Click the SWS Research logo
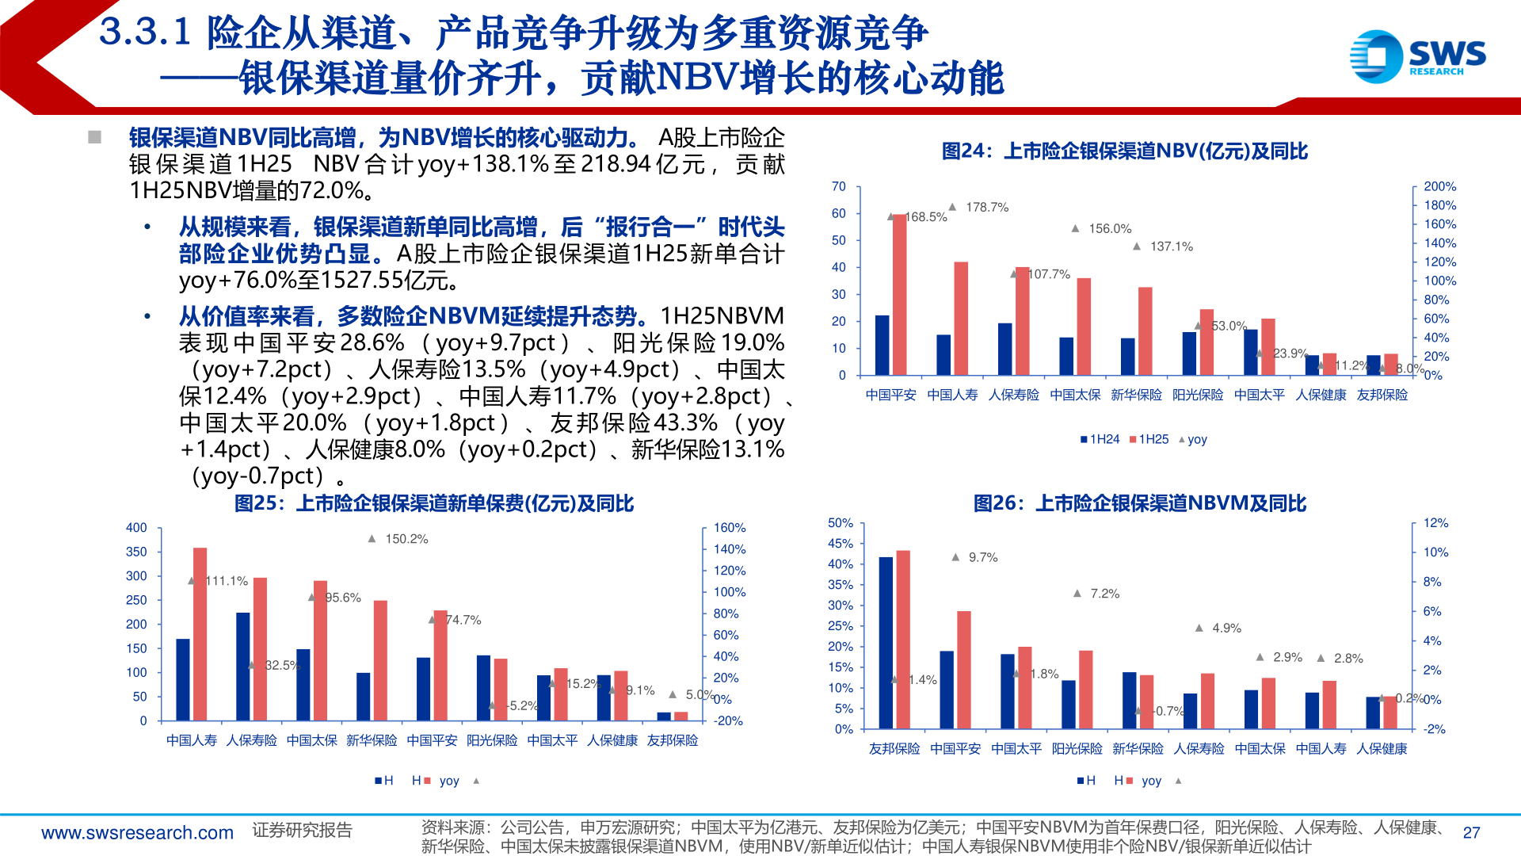(x=1417, y=56)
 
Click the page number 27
(x=1471, y=833)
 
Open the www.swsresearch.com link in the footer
(x=137, y=833)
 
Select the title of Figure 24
(x=1124, y=151)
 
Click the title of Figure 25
(x=434, y=503)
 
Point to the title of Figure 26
(x=1139, y=503)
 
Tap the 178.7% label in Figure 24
(x=986, y=208)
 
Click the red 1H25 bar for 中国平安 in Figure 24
(x=899, y=294)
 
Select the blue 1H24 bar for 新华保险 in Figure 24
(x=1127, y=357)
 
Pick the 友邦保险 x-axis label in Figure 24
(x=1382, y=395)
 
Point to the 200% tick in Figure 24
(x=1439, y=187)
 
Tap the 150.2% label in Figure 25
(x=406, y=539)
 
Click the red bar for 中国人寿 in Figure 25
(x=200, y=634)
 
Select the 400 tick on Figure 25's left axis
(x=136, y=528)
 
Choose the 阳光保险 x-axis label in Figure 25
(x=492, y=740)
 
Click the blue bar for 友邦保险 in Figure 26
(x=886, y=643)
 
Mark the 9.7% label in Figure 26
(x=982, y=558)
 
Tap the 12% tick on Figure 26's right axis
(x=1435, y=523)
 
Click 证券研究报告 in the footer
(x=302, y=830)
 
